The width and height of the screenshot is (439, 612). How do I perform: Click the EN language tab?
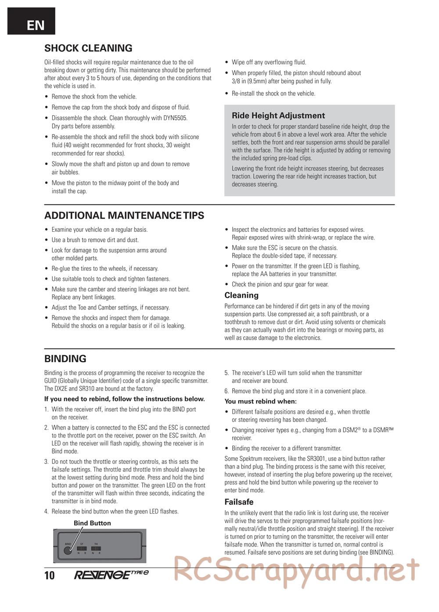coord(31,22)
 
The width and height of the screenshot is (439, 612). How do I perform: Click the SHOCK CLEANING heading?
coord(88,48)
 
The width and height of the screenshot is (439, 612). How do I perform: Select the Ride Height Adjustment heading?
coord(278,116)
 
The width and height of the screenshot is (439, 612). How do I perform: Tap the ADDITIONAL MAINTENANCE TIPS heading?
coord(124,215)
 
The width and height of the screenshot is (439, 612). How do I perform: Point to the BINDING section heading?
coord(65,358)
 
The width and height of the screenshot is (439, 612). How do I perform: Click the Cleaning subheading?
coord(241,295)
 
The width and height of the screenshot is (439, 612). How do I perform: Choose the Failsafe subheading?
coord(239,502)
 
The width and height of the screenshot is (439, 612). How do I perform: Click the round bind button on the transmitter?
coord(68,550)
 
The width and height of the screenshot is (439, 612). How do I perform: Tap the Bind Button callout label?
coord(92,523)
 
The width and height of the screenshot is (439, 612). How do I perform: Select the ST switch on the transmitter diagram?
coord(82,549)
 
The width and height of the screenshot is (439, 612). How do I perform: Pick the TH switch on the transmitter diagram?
coord(96,549)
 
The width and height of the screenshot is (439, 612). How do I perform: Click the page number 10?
coord(50,575)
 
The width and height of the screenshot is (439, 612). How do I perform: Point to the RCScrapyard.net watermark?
coord(296,570)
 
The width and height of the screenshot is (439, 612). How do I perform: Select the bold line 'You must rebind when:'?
coord(260,401)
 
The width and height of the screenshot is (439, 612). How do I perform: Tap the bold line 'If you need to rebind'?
coord(125,399)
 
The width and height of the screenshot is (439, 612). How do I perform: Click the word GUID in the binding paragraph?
coord(52,381)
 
